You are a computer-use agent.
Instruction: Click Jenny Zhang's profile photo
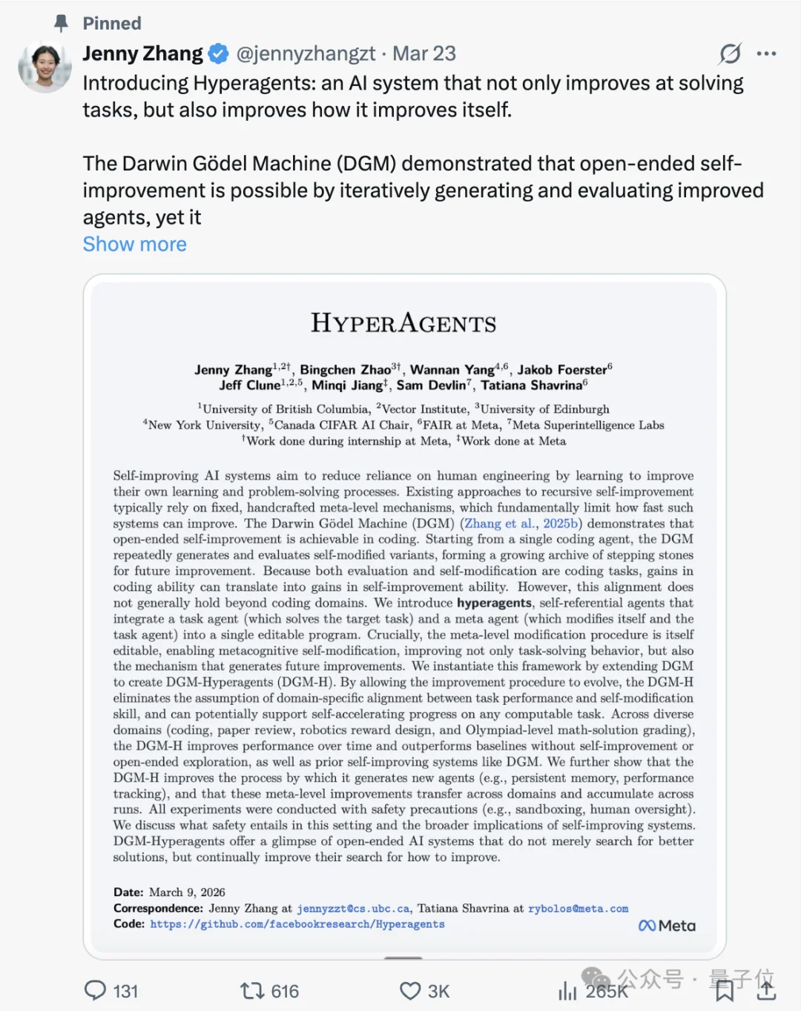(x=44, y=67)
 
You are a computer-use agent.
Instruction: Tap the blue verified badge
(x=218, y=54)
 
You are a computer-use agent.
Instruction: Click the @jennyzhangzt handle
(x=306, y=54)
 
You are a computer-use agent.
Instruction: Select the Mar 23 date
(x=423, y=54)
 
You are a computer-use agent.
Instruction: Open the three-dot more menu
(x=766, y=54)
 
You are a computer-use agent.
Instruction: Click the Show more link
(x=134, y=245)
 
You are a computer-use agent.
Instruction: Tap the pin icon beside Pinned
(x=62, y=24)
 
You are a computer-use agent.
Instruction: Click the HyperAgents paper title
(x=403, y=323)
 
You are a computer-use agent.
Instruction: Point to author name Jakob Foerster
(x=562, y=369)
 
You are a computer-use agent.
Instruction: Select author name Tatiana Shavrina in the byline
(x=531, y=385)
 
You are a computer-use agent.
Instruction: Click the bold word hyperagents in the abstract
(x=494, y=603)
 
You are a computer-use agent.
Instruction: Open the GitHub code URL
(x=297, y=924)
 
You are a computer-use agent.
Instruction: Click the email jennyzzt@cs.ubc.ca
(x=353, y=909)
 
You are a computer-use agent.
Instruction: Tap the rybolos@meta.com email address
(x=578, y=909)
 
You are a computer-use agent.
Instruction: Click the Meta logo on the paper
(x=667, y=926)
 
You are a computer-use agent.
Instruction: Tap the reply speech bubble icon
(x=96, y=991)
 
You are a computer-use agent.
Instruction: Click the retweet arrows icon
(x=252, y=991)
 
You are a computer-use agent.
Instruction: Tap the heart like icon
(x=410, y=991)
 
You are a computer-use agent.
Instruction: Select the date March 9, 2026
(x=187, y=892)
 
